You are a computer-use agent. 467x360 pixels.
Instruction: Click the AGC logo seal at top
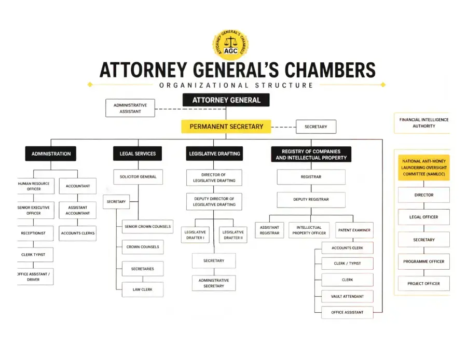pos(230,45)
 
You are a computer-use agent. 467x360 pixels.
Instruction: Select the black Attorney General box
pos(226,100)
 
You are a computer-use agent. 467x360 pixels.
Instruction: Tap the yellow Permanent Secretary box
pos(226,127)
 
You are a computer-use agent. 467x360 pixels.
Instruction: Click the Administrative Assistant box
pos(130,108)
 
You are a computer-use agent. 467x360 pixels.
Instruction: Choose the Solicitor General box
pos(138,177)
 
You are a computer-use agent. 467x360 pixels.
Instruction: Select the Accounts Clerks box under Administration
pos(77,233)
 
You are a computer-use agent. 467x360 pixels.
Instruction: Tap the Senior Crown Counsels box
pos(147,227)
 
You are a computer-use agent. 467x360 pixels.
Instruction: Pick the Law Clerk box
pos(142,289)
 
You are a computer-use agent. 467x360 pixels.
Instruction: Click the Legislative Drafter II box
pos(233,235)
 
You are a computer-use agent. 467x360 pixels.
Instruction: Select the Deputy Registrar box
pos(311,200)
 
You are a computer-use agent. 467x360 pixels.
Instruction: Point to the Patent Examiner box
pos(354,230)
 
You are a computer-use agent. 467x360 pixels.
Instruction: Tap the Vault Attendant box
pos(347,297)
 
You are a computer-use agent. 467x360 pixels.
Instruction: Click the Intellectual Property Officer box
pos(309,230)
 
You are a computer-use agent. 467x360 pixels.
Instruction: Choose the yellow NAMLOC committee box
pos(424,168)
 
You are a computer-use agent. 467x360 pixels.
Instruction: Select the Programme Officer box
pos(424,261)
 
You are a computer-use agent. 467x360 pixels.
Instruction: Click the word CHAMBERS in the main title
pos(330,70)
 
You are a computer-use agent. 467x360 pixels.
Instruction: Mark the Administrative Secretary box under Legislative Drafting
pos(214,283)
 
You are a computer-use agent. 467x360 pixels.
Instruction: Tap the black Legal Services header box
pos(138,154)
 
